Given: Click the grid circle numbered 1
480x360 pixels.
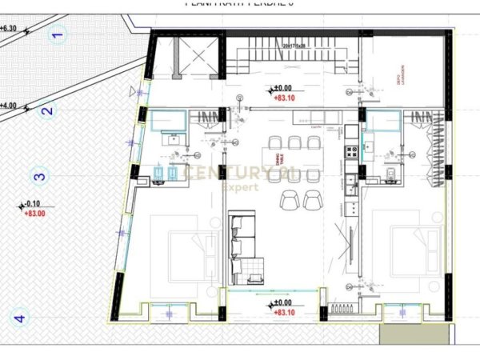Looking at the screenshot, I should click(x=57, y=34).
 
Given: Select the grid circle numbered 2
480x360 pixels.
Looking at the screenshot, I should click(x=46, y=111).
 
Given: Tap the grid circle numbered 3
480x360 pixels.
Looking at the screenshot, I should click(x=38, y=177).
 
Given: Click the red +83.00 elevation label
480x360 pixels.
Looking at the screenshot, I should click(x=34, y=214).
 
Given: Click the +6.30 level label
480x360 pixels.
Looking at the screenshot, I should click(x=10, y=28).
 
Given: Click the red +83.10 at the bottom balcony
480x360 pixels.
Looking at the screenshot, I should click(x=284, y=312).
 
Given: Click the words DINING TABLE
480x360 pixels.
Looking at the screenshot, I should click(x=279, y=161).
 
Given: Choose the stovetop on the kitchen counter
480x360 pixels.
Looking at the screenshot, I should click(x=350, y=151).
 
